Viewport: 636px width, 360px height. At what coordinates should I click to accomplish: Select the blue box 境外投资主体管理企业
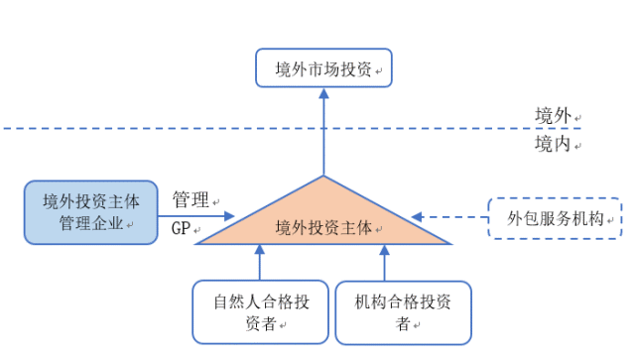[x=91, y=211]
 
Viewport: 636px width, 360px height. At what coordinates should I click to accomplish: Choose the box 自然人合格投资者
[x=258, y=311]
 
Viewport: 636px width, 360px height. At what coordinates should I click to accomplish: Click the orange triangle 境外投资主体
[x=323, y=224]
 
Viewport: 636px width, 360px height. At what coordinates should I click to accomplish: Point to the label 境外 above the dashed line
[x=553, y=115]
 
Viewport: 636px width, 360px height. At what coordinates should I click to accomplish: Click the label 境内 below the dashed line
[x=553, y=145]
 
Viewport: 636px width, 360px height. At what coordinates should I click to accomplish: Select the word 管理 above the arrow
[x=191, y=199]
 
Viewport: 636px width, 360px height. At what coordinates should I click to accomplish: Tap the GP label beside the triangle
[x=181, y=229]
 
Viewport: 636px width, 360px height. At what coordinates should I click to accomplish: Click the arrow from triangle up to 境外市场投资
[x=323, y=134]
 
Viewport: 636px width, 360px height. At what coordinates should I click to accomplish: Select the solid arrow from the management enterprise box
[x=196, y=214]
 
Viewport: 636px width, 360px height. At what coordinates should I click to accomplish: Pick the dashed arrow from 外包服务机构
[x=449, y=215]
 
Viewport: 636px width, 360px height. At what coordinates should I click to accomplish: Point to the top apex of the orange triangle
[x=323, y=178]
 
